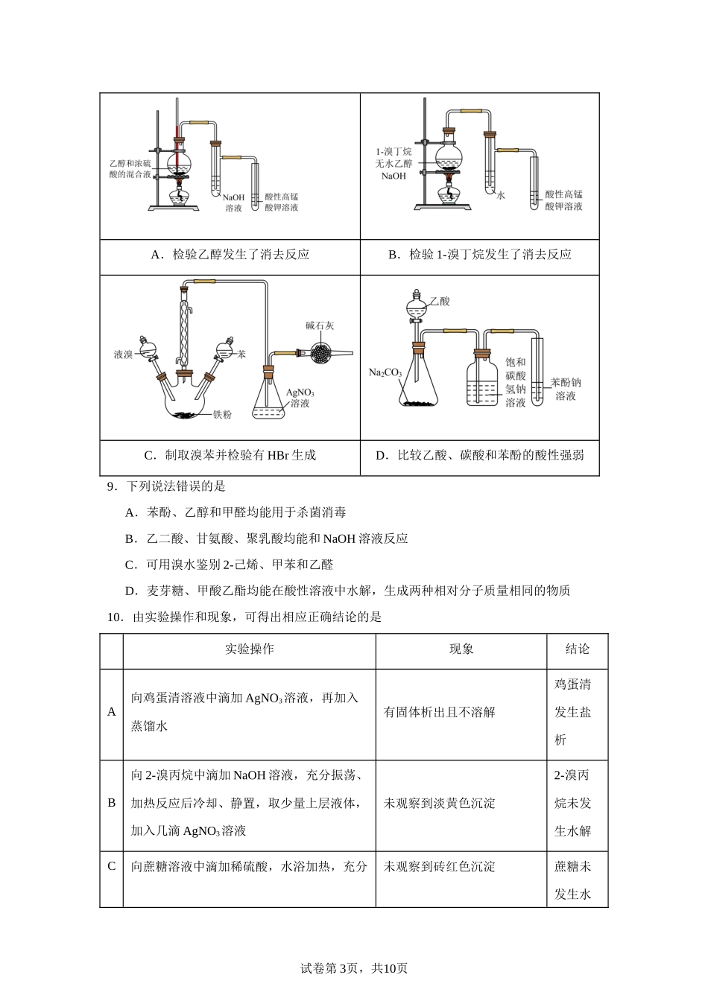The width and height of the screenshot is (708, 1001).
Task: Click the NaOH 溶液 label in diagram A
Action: (x=234, y=203)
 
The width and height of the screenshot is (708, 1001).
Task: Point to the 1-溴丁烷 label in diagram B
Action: (x=393, y=151)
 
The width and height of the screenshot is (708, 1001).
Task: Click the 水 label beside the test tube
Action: (x=501, y=195)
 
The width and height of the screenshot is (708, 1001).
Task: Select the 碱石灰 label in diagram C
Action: (x=319, y=325)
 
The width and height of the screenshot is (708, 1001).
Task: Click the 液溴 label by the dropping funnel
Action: (x=123, y=355)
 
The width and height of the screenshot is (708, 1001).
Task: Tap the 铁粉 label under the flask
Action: (x=222, y=414)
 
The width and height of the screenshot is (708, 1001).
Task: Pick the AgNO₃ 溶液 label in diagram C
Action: (x=300, y=398)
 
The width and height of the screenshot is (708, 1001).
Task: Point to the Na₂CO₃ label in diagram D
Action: (x=385, y=372)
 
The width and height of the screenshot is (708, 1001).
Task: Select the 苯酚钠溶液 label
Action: (x=566, y=389)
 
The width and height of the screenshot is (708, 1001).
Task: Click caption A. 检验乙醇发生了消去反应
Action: (x=230, y=255)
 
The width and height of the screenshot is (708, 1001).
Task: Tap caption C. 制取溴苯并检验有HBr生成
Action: (x=230, y=455)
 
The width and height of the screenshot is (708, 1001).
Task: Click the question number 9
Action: (x=113, y=487)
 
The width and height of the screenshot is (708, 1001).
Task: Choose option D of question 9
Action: (x=347, y=591)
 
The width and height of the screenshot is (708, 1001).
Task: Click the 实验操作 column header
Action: (x=249, y=649)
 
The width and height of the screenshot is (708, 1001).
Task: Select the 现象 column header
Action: (x=461, y=649)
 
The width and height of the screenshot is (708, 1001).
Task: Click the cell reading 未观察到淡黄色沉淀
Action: (x=439, y=803)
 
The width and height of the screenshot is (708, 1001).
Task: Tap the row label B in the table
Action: (x=112, y=803)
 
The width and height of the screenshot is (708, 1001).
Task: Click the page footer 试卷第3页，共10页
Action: (x=353, y=969)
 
